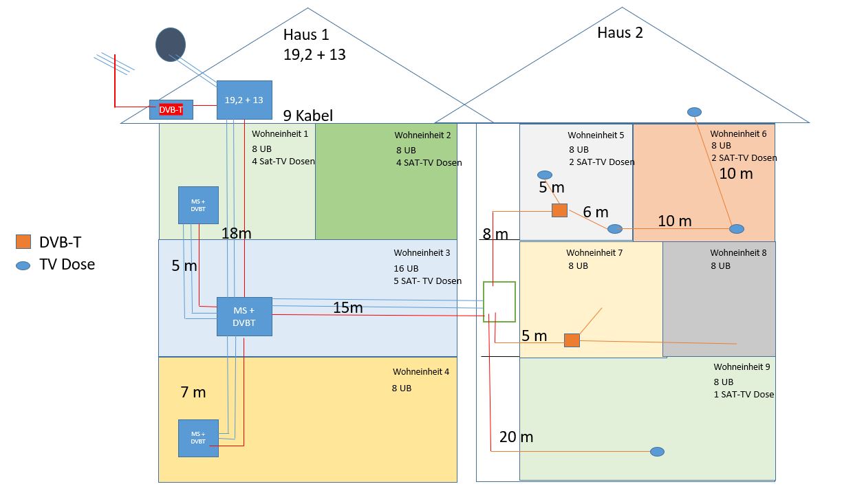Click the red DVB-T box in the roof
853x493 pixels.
pos(171,109)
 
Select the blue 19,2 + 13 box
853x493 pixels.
pos(244,100)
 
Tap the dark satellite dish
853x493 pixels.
pos(170,44)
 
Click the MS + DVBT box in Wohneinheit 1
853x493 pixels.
pos(198,205)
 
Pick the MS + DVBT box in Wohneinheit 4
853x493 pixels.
pos(198,438)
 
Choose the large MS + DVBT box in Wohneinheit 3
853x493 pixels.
pos(244,316)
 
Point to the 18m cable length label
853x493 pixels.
pos(236,234)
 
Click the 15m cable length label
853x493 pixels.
pos(347,308)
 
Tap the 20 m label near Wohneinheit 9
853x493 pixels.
pos(516,437)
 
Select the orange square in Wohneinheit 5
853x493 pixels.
pos(559,210)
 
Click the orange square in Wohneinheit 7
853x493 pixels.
pos(572,340)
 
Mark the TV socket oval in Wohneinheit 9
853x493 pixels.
pos(657,452)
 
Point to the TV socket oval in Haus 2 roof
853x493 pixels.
pos(695,111)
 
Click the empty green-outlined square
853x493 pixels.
pos(499,302)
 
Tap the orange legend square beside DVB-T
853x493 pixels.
pos(23,241)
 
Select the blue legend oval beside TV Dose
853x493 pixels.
pos(23,264)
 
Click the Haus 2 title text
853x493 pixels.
pos(620,33)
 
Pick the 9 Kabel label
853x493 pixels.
pos(307,116)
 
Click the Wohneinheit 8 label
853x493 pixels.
pos(738,253)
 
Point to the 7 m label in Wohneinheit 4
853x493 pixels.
pos(193,393)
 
